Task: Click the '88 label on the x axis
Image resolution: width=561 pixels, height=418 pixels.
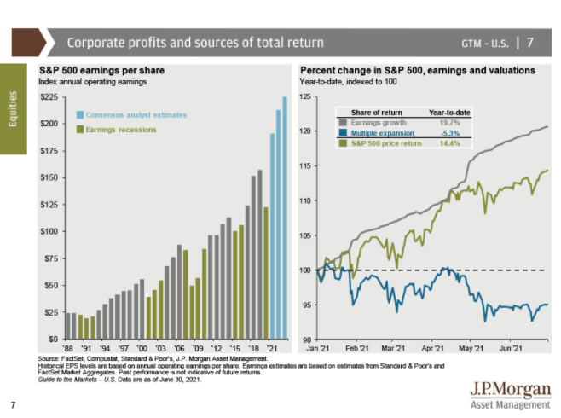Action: pyautogui.click(x=68, y=349)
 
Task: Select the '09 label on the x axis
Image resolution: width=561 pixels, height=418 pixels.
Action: pyautogui.click(x=199, y=349)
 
